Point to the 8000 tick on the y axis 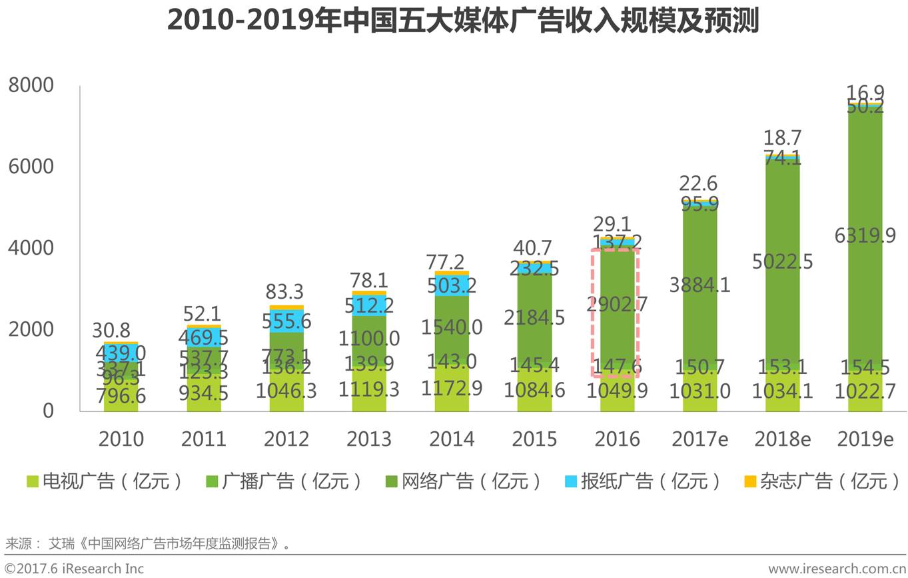click(31, 85)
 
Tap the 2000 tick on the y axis click(31, 329)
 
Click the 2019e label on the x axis click(865, 439)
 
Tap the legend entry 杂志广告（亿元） click(822, 481)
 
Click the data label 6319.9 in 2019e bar click(865, 235)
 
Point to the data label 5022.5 click(782, 262)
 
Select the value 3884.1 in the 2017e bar click(699, 285)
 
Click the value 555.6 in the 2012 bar click(286, 321)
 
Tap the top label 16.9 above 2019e click(865, 92)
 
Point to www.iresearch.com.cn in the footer click(837, 569)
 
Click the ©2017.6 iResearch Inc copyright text click(74, 569)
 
